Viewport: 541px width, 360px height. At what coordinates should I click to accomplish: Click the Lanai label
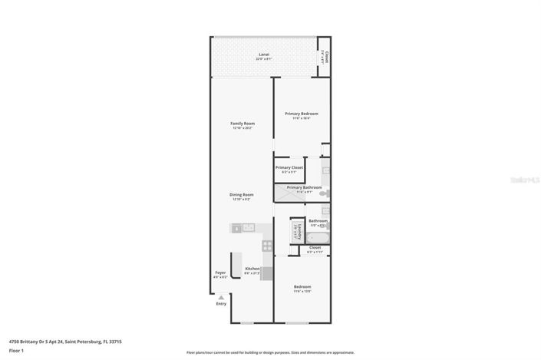coord(263,55)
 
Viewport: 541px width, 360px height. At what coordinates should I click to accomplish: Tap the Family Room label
coord(242,124)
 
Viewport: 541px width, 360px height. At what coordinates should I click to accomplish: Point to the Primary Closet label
coord(289,167)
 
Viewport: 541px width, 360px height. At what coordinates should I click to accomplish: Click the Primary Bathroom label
coord(304,187)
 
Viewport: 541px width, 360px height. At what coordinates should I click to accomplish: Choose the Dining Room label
coord(241,195)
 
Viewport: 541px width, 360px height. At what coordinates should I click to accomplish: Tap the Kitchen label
coord(252,269)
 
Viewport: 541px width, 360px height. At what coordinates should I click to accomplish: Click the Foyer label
coord(220,272)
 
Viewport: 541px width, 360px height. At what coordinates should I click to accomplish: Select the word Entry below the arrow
coord(221,304)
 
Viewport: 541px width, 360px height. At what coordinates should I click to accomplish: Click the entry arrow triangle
coord(221,296)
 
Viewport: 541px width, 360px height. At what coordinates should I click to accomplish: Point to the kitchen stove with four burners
coord(266,246)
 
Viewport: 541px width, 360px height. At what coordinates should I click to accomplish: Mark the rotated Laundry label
coord(294,230)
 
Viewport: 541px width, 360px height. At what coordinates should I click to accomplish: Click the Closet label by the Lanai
coord(326,57)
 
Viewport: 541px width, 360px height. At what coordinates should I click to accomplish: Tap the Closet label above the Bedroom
coord(315,248)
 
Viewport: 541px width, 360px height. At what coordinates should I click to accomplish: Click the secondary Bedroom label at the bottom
coord(302,287)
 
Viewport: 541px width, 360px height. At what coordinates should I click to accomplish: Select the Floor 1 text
coord(16,351)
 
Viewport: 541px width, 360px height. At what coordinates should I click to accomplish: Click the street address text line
coord(65,342)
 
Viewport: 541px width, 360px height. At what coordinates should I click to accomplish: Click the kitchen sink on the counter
coord(238,228)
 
